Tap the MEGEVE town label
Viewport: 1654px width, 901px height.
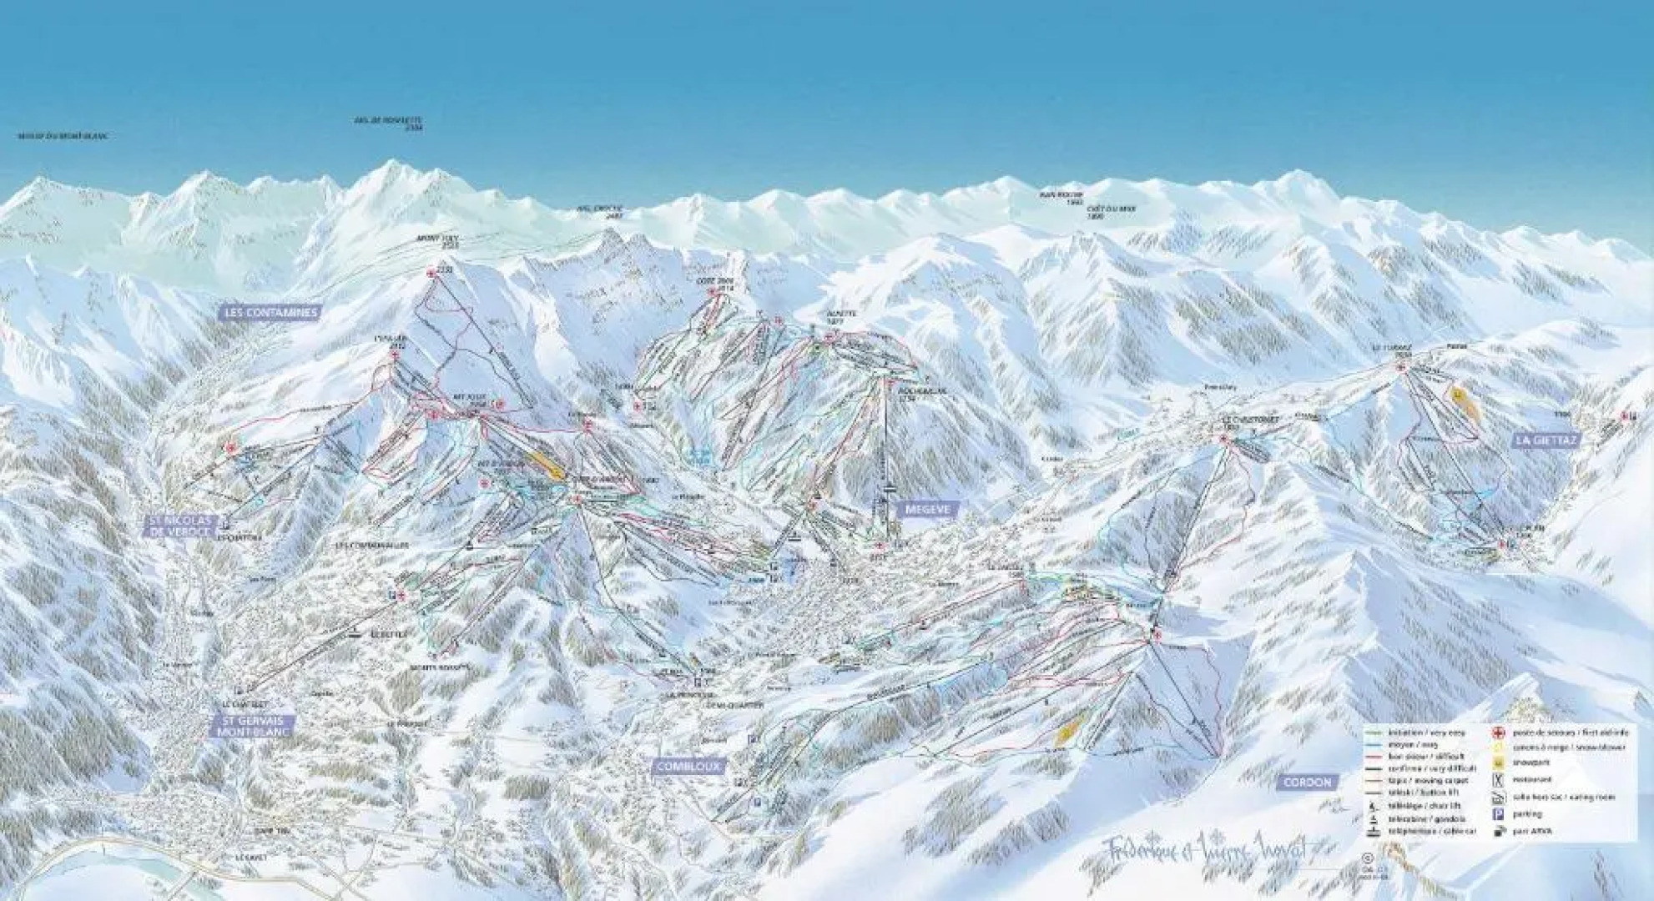[927, 507]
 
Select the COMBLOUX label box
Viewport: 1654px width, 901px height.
[688, 766]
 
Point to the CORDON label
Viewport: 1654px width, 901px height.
[1307, 782]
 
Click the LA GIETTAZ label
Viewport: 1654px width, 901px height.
[1546, 440]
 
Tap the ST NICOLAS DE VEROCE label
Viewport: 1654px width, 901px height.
[181, 525]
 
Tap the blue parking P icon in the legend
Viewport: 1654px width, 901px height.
[1498, 813]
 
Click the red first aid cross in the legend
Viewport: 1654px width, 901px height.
[1499, 732]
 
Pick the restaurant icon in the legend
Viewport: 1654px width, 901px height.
[1499, 779]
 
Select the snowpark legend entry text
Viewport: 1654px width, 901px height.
[1532, 763]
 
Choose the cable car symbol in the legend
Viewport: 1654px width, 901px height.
[1374, 831]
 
